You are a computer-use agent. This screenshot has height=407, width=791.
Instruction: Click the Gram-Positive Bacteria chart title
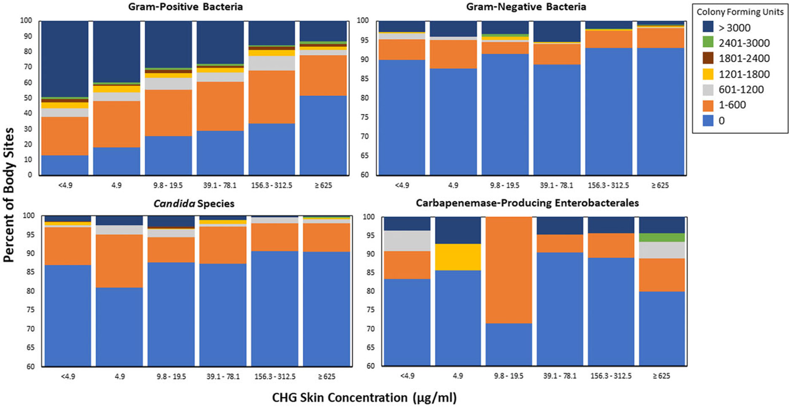click(x=186, y=7)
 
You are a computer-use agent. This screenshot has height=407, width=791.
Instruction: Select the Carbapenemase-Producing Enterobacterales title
click(x=527, y=203)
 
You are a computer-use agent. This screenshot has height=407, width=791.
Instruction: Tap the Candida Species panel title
click(x=194, y=204)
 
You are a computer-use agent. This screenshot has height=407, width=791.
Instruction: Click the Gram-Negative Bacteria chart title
click(x=526, y=7)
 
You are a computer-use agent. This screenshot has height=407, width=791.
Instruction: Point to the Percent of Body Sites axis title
click(x=8, y=195)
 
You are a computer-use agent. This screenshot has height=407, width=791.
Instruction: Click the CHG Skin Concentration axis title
click(x=364, y=397)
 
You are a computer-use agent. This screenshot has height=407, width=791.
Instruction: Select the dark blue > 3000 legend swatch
click(x=708, y=27)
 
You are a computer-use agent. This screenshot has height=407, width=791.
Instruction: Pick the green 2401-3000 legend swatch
click(x=708, y=43)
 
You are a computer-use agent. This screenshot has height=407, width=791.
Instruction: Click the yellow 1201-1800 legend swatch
click(x=708, y=74)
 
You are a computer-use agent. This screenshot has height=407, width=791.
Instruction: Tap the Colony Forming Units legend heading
click(x=740, y=12)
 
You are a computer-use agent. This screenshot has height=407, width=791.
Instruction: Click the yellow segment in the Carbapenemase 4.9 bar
click(x=458, y=257)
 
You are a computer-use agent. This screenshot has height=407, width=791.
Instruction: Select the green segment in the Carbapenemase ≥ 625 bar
click(x=662, y=237)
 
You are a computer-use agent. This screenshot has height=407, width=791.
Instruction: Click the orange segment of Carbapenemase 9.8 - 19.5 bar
click(x=509, y=270)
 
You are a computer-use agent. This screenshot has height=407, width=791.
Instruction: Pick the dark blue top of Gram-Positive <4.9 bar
click(x=65, y=59)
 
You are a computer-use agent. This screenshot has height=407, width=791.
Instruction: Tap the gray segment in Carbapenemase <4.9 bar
click(x=407, y=241)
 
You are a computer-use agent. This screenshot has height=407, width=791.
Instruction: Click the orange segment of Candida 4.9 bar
click(x=119, y=261)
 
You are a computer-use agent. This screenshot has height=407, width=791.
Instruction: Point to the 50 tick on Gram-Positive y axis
click(x=27, y=98)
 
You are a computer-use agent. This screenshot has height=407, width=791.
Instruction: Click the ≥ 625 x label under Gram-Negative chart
click(x=660, y=185)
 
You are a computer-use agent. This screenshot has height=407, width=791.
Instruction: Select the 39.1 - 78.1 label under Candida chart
click(x=223, y=376)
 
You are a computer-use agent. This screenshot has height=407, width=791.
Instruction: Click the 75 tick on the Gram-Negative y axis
click(x=364, y=117)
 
